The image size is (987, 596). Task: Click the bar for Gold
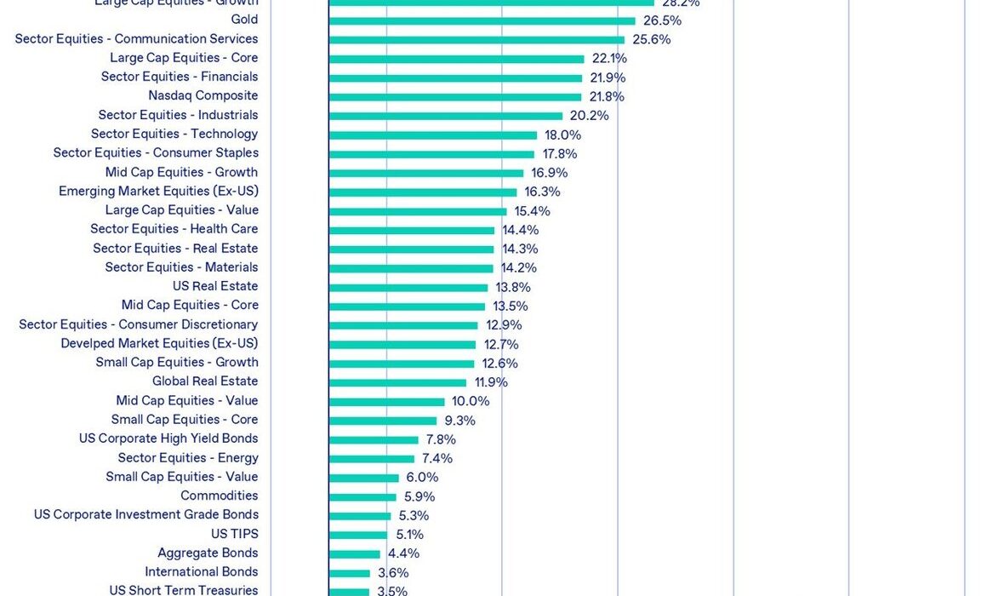pyautogui.click(x=482, y=20)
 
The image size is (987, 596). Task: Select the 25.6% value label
pyautogui.click(x=651, y=39)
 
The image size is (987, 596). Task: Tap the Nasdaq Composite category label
pyautogui.click(x=203, y=96)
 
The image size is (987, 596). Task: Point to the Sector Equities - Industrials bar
pyautogui.click(x=446, y=116)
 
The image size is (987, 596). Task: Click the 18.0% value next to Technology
pyautogui.click(x=562, y=135)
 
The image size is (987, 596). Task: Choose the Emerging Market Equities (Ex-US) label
pyautogui.click(x=158, y=192)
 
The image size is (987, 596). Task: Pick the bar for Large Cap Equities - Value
pyautogui.click(x=418, y=211)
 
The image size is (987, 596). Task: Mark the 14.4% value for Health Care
pyautogui.click(x=520, y=230)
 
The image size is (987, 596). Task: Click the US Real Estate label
pyautogui.click(x=215, y=287)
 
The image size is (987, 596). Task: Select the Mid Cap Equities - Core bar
pyautogui.click(x=407, y=307)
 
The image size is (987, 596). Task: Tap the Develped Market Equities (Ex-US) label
pyautogui.click(x=159, y=344)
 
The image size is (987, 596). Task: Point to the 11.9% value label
pyautogui.click(x=491, y=382)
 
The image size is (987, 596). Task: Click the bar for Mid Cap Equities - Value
pyautogui.click(x=387, y=402)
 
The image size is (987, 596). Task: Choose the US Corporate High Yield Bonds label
pyautogui.click(x=168, y=439)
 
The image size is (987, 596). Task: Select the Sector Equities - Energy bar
pyautogui.click(x=372, y=459)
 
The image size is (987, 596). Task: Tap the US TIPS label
pyautogui.click(x=234, y=535)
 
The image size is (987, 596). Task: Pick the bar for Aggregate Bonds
pyautogui.click(x=355, y=553)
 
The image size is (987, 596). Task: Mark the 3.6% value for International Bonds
pyautogui.click(x=393, y=573)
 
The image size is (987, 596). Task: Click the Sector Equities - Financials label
pyautogui.click(x=180, y=77)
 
